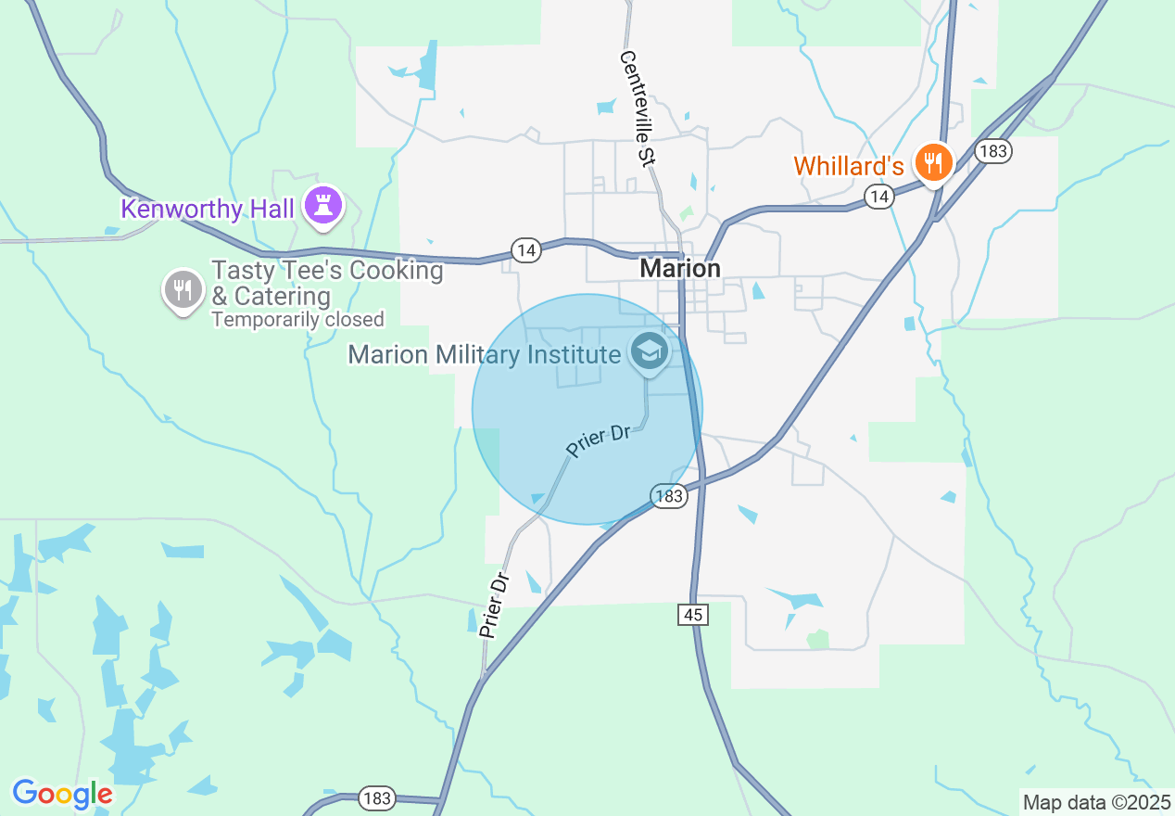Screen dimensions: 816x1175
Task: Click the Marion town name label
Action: click(680, 269)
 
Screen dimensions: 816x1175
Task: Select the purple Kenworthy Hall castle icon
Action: click(323, 206)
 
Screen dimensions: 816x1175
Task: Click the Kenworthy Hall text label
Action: click(208, 210)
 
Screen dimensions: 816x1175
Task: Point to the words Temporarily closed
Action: click(297, 320)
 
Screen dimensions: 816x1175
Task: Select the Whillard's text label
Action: click(848, 167)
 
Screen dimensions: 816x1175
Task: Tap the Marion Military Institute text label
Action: click(484, 354)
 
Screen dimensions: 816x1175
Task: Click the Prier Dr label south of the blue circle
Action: click(496, 605)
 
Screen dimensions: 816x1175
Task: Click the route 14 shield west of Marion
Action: click(526, 249)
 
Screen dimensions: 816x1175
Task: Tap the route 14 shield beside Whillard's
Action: click(878, 196)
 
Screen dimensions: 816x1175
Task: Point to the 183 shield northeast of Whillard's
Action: click(992, 151)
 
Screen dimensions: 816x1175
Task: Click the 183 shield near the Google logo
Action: click(377, 797)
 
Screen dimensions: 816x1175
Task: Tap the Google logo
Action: click(62, 794)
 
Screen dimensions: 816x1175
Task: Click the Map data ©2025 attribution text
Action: click(1096, 802)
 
